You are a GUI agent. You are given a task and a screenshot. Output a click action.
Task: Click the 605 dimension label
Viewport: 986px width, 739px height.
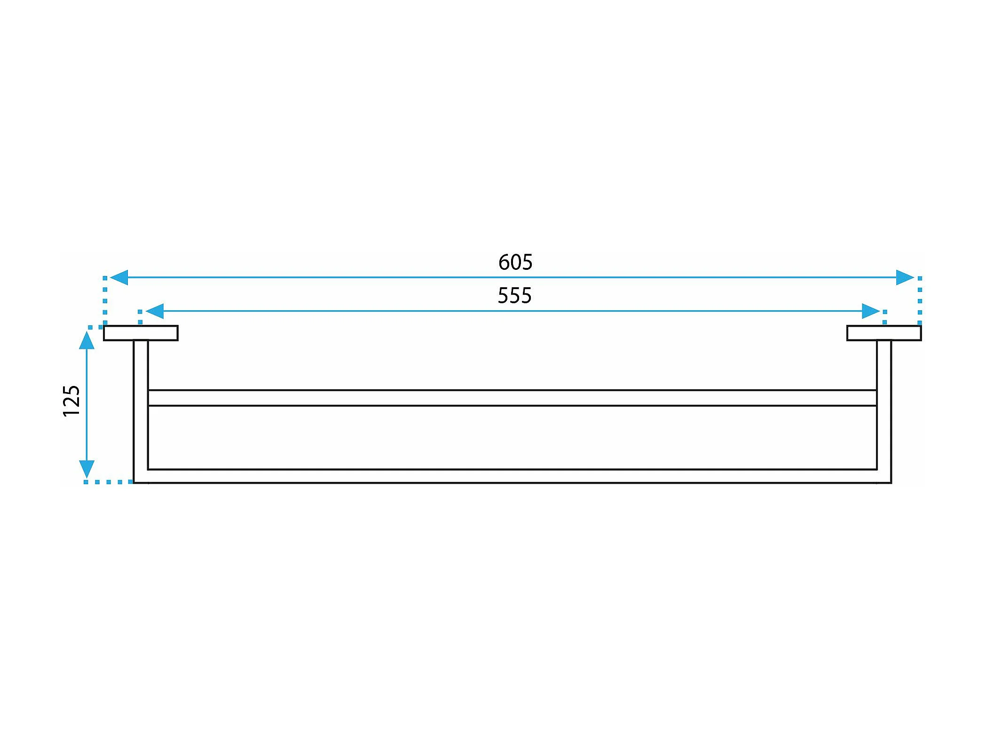coord(515,262)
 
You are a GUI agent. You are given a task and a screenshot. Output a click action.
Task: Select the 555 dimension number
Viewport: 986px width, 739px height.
coord(514,296)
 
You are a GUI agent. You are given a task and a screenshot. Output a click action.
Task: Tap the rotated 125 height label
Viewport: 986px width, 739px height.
coord(71,401)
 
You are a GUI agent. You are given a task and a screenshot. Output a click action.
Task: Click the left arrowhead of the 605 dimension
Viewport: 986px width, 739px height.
coord(119,277)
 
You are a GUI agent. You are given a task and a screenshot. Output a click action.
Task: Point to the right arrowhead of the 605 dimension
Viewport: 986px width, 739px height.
coord(905,277)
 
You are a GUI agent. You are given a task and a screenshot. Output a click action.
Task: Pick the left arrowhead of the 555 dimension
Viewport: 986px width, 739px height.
coord(155,311)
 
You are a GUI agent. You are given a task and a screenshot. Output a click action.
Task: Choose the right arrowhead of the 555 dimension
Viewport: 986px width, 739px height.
coord(870,311)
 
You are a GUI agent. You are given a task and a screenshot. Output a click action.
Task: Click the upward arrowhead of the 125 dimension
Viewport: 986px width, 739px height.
coord(87,340)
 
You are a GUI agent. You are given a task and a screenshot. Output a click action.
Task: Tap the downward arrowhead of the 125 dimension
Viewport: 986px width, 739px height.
coord(87,469)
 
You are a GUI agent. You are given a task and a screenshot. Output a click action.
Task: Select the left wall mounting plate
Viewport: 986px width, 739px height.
coord(141,333)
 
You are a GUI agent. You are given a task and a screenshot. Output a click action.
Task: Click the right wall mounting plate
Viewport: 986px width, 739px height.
coord(884,333)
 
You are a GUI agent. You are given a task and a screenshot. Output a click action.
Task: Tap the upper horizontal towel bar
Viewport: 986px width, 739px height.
coord(513,398)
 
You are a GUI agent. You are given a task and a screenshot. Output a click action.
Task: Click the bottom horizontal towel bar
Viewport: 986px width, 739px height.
coord(513,476)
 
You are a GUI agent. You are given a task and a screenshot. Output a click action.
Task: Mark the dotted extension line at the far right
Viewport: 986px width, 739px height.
coord(920,301)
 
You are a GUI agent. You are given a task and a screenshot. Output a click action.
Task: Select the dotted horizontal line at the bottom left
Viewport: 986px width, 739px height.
coord(108,482)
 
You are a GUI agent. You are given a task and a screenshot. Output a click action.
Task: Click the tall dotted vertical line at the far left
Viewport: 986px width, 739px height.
coord(105,301)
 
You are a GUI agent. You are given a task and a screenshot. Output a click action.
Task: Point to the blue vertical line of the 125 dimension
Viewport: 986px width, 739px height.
coord(87,404)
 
